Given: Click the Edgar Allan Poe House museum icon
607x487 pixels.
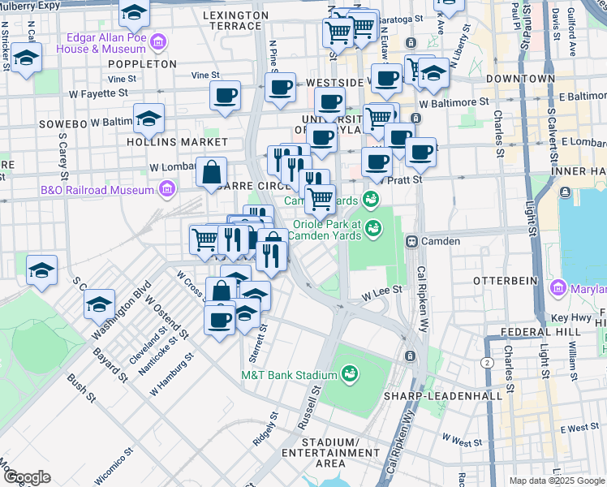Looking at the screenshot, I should click(157, 41).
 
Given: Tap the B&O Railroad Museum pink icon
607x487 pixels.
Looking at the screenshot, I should click(166, 190).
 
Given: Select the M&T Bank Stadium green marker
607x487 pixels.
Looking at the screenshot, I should click(350, 374).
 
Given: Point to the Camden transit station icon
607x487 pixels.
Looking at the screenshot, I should click(411, 241).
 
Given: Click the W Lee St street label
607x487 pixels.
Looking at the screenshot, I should click(381, 298).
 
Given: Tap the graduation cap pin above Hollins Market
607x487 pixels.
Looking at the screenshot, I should click(149, 118).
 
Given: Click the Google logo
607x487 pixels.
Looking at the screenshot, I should click(27, 476).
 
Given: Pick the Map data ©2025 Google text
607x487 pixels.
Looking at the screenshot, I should click(556, 481).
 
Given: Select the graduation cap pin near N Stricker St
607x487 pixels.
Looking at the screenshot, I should click(27, 59).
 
